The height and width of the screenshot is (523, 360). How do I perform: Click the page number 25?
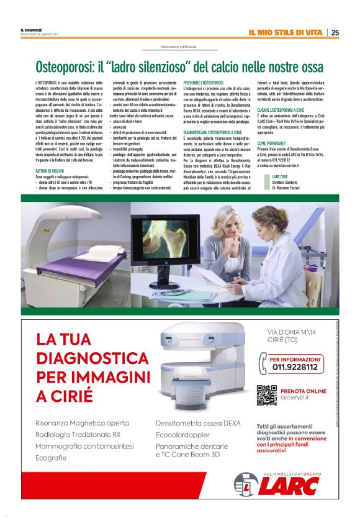335,32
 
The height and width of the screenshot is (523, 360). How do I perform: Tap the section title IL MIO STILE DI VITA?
287,32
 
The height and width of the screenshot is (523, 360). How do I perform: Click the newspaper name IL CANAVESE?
30,30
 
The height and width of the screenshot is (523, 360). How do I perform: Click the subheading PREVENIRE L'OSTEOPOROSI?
204,82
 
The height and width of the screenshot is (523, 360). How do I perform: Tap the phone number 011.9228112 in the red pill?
294,367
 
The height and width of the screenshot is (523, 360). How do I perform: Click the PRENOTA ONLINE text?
303,391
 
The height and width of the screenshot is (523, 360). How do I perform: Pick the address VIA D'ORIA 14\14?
294,332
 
